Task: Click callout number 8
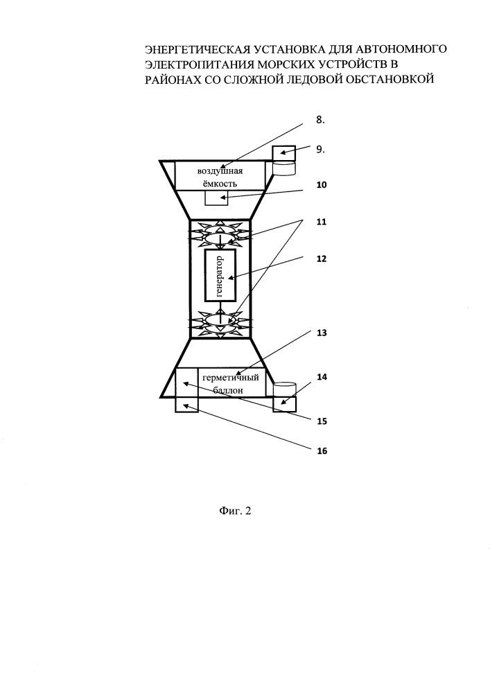pos(320,119)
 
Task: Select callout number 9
pos(320,150)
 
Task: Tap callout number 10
pos(322,185)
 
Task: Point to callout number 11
pos(322,222)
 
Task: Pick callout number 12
pos(322,258)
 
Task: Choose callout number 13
pos(322,333)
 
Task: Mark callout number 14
pos(322,377)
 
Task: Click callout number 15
pos(322,421)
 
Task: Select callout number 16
pos(322,451)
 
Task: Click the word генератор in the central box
pos(220,276)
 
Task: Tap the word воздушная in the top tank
pos(220,171)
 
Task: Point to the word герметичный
pos(231,378)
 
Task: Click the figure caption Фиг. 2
pos(235,511)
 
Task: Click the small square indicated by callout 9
pos(283,153)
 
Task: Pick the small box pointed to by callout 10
pos(216,198)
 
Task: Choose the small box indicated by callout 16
pos(187,405)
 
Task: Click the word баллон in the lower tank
pos(228,390)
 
